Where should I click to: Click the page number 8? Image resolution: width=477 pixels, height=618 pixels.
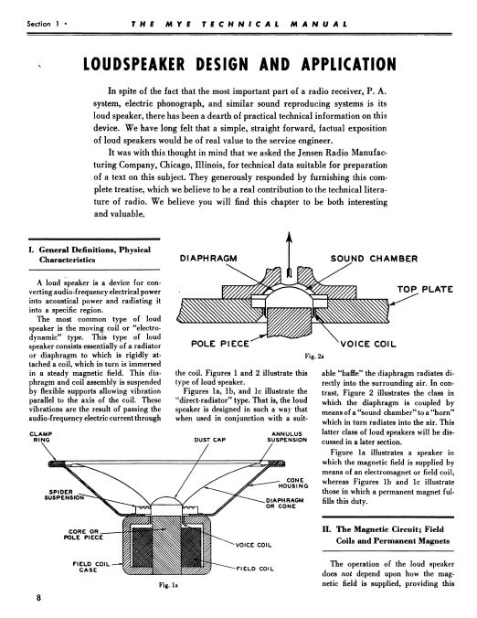click(x=38, y=598)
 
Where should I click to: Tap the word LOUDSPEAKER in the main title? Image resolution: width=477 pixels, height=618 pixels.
click(x=133, y=65)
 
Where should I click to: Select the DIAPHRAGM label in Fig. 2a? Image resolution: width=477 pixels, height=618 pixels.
click(x=208, y=258)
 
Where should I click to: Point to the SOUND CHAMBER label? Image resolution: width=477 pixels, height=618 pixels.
click(x=374, y=259)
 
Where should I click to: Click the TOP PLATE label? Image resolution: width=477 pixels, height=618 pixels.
click(x=425, y=289)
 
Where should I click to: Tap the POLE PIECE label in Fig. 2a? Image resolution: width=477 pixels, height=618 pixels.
click(x=220, y=344)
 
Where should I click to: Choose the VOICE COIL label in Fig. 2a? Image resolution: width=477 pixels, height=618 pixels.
click(x=368, y=344)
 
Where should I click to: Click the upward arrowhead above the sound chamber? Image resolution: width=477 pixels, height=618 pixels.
click(x=289, y=237)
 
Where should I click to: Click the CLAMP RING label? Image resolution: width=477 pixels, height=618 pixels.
click(x=41, y=437)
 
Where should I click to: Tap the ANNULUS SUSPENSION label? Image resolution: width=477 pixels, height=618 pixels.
click(x=287, y=437)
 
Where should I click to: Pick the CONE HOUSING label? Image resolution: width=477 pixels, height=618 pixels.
click(x=293, y=484)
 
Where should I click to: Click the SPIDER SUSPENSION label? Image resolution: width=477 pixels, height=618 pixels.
click(x=64, y=495)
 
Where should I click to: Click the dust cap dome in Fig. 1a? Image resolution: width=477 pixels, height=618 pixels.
click(x=166, y=501)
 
